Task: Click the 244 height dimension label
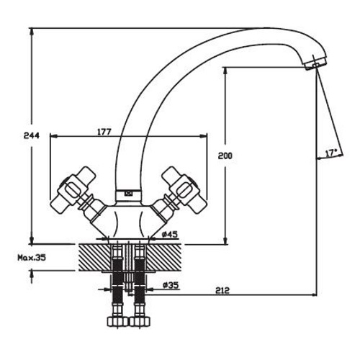click(x=31, y=135)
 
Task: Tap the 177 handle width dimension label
click(x=104, y=132)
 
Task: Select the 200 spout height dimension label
click(x=225, y=156)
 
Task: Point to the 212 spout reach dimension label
click(x=222, y=290)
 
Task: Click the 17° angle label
click(x=331, y=153)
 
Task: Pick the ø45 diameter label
click(x=170, y=234)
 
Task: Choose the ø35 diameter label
click(x=171, y=285)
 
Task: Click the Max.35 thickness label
click(x=32, y=258)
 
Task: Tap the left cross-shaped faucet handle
click(x=73, y=190)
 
